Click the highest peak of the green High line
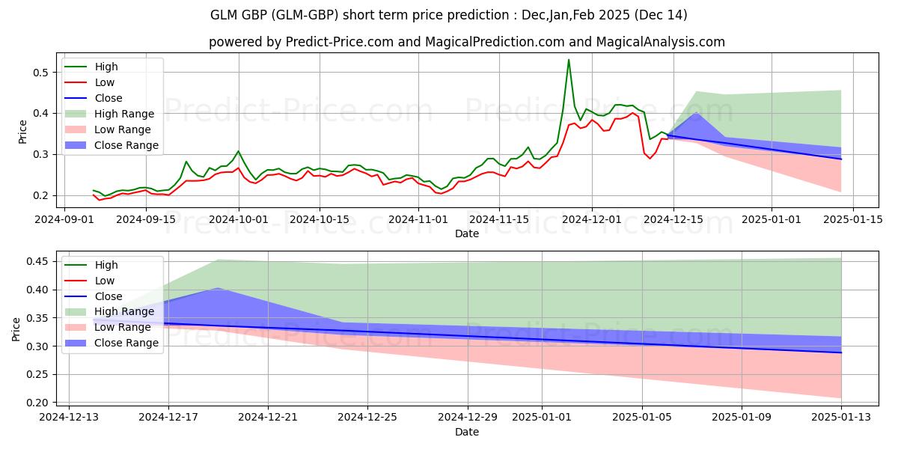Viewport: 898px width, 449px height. pyautogui.click(x=569, y=60)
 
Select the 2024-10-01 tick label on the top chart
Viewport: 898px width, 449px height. pyautogui.click(x=239, y=219)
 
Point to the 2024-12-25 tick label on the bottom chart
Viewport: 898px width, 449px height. pyautogui.click(x=367, y=417)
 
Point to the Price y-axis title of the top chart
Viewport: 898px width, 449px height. pyautogui.click(x=22, y=133)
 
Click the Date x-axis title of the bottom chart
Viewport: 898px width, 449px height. pyautogui.click(x=467, y=432)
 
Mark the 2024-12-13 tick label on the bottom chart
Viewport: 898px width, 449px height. pyautogui.click(x=68, y=417)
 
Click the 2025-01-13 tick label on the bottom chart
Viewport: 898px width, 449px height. pyautogui.click(x=841, y=417)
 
